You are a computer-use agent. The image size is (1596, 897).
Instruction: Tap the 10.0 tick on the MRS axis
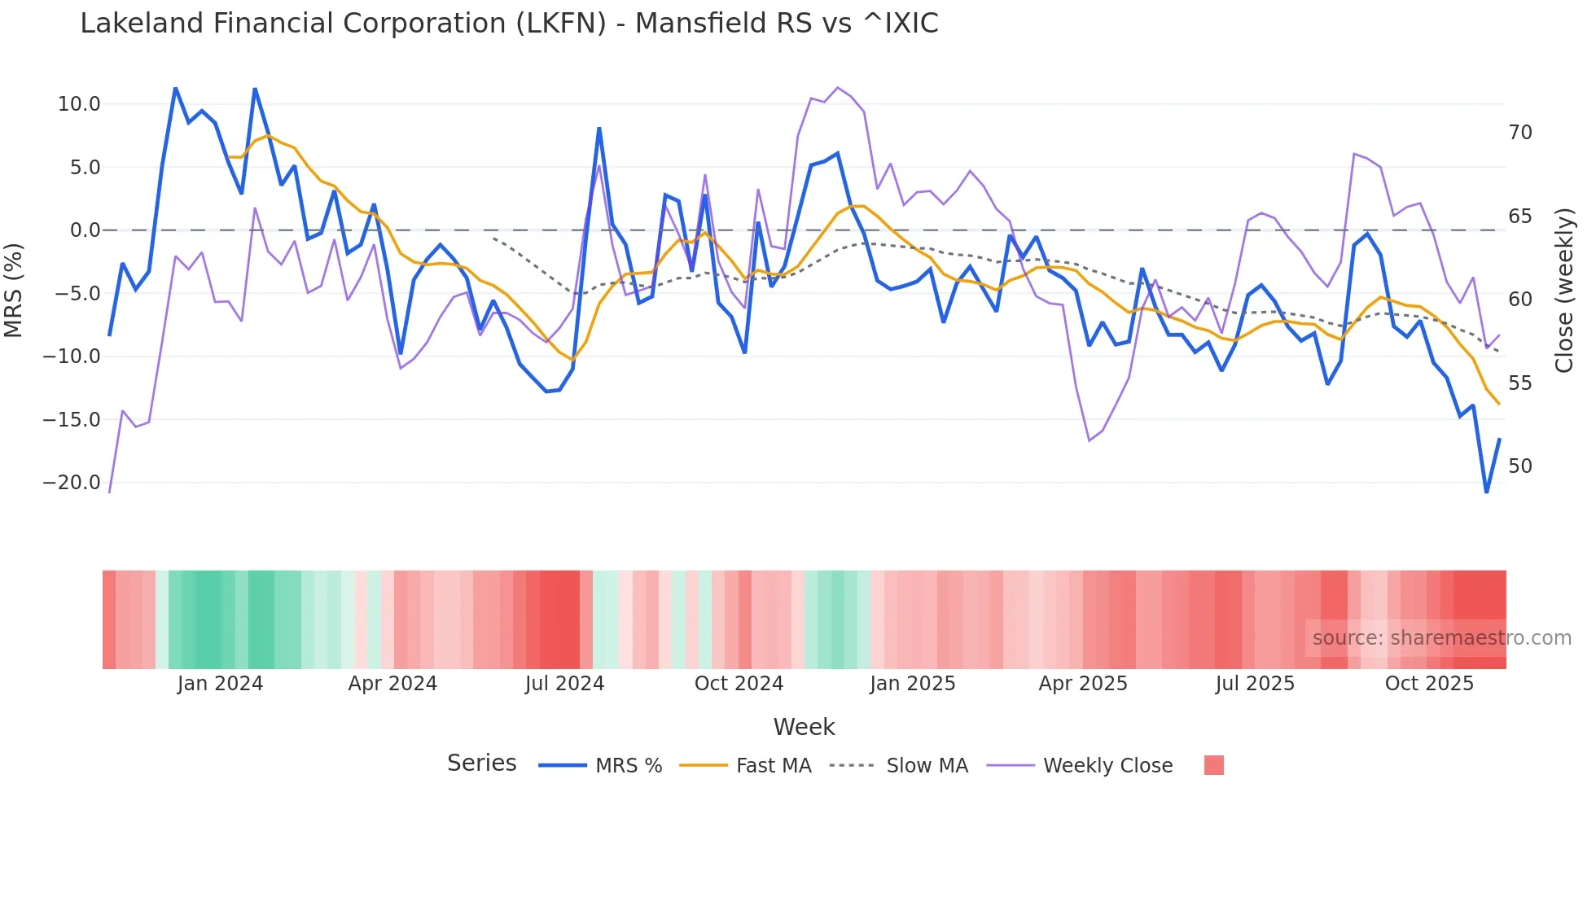(79, 104)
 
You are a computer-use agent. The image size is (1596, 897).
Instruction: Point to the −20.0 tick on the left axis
(72, 483)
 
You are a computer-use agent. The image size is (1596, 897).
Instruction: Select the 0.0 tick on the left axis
(85, 230)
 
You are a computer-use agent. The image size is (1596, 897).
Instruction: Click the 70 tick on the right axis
(1519, 133)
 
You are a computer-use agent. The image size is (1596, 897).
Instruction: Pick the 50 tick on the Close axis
(1519, 466)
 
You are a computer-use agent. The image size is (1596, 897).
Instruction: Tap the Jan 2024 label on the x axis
(220, 684)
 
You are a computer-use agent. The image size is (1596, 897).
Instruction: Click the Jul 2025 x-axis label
(1255, 684)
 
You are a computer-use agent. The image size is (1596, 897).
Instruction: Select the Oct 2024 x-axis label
(739, 684)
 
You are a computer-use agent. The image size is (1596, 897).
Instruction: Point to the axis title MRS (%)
(14, 290)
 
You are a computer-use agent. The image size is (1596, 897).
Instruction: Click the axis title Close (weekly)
(1564, 291)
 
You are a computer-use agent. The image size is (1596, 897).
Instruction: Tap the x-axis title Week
(804, 727)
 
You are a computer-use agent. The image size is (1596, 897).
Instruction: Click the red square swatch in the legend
(1213, 765)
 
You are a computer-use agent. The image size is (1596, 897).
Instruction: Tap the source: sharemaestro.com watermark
(1441, 638)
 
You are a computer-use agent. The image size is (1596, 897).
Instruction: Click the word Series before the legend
(481, 764)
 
